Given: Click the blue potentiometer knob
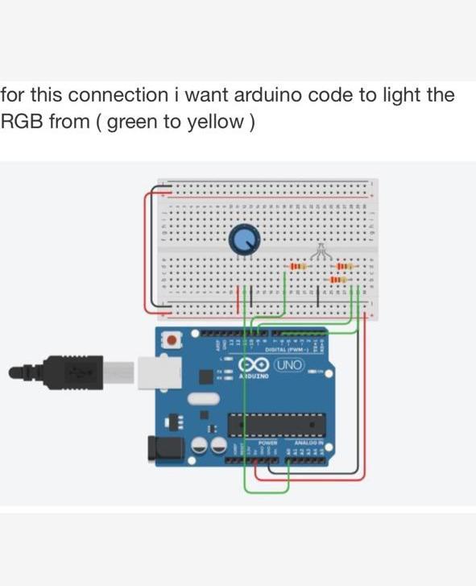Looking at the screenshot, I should click(244, 239).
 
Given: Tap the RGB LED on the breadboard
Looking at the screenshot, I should click(321, 251).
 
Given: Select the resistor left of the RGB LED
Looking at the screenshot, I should click(297, 266).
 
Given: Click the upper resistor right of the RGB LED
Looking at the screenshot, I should click(342, 266).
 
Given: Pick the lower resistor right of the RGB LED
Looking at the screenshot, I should click(338, 279).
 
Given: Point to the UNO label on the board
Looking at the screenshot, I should click(289, 365).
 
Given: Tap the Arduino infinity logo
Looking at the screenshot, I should click(257, 365).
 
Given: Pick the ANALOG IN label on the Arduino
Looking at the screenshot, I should click(308, 443).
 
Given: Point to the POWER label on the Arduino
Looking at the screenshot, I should click(268, 443).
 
